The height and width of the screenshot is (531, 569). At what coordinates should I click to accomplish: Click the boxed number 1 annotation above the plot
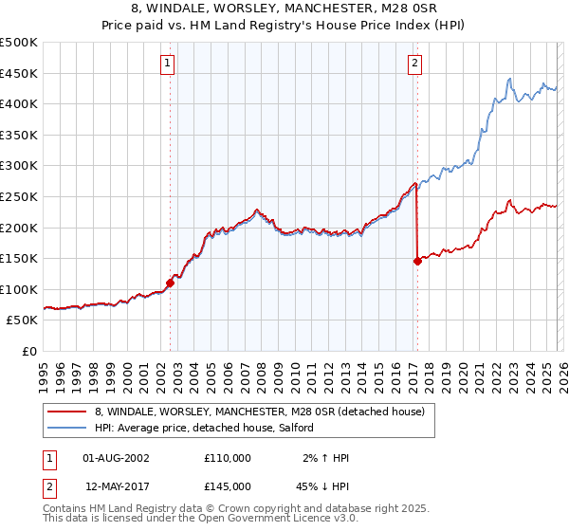[x=167, y=64]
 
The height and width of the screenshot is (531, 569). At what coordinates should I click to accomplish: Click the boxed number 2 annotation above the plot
[x=415, y=64]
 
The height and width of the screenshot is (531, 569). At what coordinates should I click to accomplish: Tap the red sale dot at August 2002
[x=171, y=283]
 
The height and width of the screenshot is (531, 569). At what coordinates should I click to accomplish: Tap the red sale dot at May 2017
[x=417, y=261]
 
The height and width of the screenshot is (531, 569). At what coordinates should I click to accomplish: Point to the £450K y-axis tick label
[x=19, y=73]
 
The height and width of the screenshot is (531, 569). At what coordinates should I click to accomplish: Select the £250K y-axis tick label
[x=19, y=196]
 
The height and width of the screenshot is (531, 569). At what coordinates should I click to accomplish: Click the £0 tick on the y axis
[x=29, y=351]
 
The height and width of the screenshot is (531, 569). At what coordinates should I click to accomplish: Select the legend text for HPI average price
[x=211, y=429]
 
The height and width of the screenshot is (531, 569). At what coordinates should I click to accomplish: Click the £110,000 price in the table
[x=228, y=458]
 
